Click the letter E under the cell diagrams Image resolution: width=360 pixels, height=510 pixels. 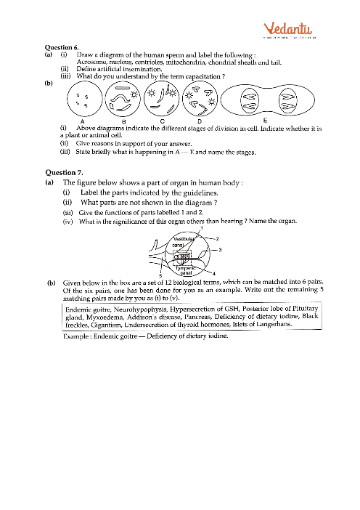pos(266,120)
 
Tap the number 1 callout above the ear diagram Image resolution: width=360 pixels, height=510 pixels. pos(201,230)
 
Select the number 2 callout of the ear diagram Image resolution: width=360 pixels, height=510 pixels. pos(217,238)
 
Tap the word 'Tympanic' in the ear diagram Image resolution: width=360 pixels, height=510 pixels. pos(171,268)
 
